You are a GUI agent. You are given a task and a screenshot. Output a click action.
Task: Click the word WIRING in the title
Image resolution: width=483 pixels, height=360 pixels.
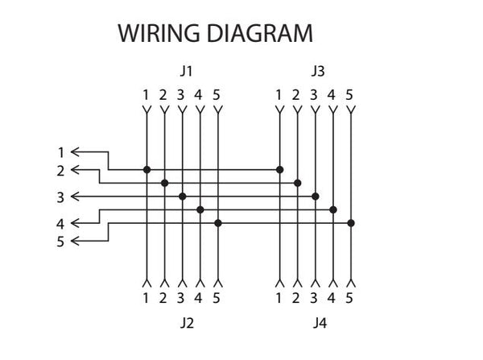click(x=159, y=33)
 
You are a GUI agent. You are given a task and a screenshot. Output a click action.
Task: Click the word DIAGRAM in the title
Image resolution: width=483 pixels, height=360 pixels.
click(x=260, y=33)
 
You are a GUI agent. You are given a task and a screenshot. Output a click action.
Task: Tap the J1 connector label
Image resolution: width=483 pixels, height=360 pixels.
click(x=187, y=71)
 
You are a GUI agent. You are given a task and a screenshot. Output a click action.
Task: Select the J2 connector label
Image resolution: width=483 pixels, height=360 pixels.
click(x=187, y=323)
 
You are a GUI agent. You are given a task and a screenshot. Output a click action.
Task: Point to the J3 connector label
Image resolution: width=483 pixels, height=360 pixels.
click(x=318, y=71)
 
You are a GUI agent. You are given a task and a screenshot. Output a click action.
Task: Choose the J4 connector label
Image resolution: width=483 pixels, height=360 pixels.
click(x=320, y=323)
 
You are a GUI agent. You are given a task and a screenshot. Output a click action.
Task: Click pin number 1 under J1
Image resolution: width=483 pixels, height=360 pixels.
click(x=146, y=95)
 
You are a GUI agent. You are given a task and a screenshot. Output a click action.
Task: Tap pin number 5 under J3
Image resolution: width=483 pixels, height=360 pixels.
click(x=349, y=95)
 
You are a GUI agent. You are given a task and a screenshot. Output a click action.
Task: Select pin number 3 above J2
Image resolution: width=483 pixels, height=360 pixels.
click(x=181, y=298)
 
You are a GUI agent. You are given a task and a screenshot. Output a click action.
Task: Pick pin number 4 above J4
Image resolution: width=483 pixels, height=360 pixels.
click(x=332, y=298)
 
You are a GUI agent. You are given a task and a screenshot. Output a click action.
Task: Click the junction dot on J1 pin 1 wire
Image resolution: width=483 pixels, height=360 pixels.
click(x=147, y=169)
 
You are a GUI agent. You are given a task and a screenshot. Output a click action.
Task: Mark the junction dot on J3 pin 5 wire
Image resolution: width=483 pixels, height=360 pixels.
click(x=351, y=223)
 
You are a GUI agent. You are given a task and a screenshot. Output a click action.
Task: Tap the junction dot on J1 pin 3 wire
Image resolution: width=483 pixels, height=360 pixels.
click(x=183, y=197)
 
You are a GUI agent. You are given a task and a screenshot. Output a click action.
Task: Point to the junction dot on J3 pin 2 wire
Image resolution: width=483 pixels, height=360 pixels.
click(x=297, y=183)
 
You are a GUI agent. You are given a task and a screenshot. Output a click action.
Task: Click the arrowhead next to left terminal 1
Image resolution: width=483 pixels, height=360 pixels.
click(x=75, y=152)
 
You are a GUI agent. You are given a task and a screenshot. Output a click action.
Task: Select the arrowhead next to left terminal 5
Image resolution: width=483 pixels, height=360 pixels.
click(x=75, y=241)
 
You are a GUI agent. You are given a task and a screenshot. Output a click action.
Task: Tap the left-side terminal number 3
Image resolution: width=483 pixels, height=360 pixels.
click(x=60, y=197)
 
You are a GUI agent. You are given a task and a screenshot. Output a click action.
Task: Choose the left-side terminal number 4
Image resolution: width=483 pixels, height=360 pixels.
click(x=60, y=224)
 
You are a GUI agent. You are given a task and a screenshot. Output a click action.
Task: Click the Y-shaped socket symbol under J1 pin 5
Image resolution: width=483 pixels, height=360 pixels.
click(x=218, y=110)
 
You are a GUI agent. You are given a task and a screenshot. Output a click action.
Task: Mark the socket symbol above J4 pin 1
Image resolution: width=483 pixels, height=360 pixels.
click(x=279, y=283)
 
